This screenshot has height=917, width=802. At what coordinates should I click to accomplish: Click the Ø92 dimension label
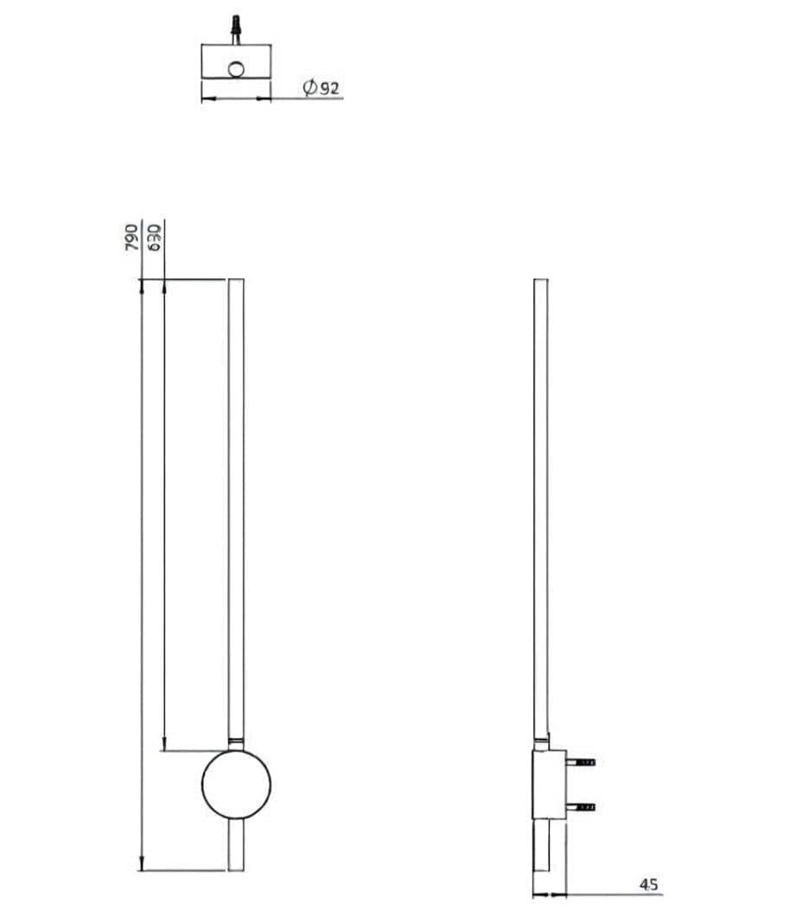point(321,87)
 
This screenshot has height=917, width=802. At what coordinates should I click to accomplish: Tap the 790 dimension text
point(132,237)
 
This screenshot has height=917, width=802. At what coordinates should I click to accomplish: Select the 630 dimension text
point(156,237)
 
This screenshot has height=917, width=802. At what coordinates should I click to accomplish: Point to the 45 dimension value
point(649,884)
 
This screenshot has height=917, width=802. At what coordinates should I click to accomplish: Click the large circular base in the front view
point(236,784)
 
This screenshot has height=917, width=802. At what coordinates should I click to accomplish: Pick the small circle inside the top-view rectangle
point(236,69)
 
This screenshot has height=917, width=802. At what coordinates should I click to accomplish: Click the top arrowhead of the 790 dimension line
point(142,284)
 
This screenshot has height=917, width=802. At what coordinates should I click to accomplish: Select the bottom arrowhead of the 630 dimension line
point(163,745)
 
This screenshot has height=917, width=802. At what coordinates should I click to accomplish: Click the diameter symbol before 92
point(309,87)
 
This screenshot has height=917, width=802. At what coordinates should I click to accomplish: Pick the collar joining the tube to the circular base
point(236,743)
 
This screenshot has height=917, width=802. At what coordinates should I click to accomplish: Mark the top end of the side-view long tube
point(541,281)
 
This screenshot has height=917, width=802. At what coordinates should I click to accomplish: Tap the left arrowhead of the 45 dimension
point(537,893)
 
